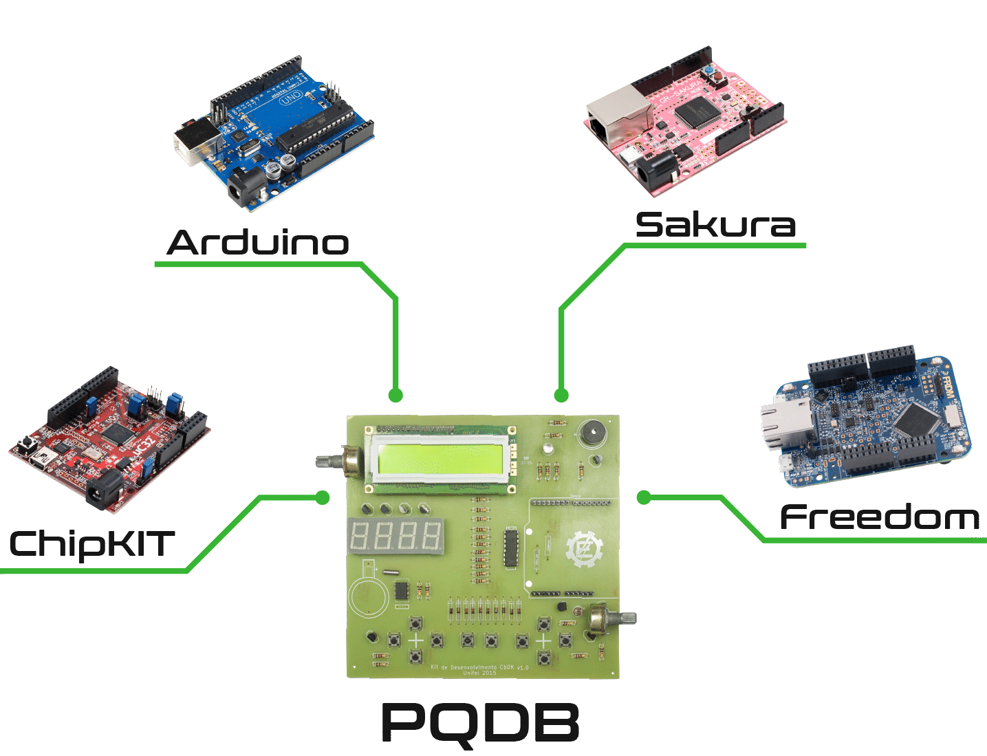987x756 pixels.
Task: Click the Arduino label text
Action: pos(258,243)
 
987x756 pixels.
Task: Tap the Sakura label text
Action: pos(715,225)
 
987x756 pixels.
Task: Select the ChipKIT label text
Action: pos(91,544)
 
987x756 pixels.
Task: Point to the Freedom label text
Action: pos(880,517)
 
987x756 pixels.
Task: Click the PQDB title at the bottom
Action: pos(480,722)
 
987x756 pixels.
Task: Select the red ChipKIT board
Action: pos(110,440)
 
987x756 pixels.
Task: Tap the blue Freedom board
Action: pos(867,420)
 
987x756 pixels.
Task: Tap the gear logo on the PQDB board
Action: pos(584,549)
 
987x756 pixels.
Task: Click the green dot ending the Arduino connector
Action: pos(395,395)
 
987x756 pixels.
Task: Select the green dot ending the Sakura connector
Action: pos(561,395)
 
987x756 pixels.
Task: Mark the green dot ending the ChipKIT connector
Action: pos(322,497)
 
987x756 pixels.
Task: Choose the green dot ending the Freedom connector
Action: pos(644,497)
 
